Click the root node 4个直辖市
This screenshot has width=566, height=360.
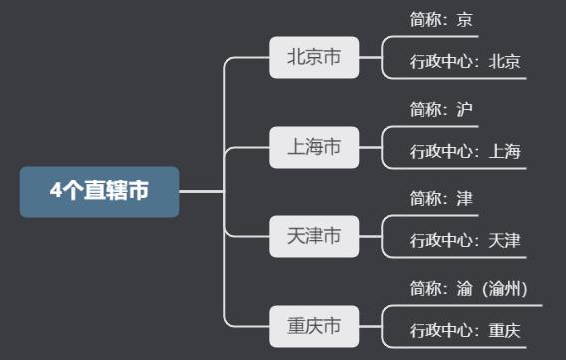coord(100,191)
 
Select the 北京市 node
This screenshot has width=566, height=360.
coord(314,58)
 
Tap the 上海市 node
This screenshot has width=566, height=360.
coord(314,148)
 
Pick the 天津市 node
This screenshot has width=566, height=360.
coord(314,236)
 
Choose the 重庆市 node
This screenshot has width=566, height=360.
coord(314,326)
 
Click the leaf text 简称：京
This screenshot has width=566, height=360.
coord(441,18)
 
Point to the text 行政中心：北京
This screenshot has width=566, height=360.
coord(464,62)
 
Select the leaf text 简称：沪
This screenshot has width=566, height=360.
coord(441,108)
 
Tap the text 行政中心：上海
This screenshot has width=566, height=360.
coord(464,152)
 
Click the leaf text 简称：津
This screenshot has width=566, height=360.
coord(441,197)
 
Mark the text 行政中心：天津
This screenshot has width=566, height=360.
coord(464,241)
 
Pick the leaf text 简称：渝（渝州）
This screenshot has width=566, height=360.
coord(467,288)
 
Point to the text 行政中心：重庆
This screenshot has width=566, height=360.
coord(464,331)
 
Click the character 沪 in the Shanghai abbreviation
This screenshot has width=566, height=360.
coord(465,108)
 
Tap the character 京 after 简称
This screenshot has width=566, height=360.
coord(465,18)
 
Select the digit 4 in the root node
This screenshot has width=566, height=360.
coord(56,191)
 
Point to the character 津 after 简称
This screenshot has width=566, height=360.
coord(465,197)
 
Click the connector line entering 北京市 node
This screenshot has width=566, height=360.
coord(249,58)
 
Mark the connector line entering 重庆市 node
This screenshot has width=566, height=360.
coord(249,326)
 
